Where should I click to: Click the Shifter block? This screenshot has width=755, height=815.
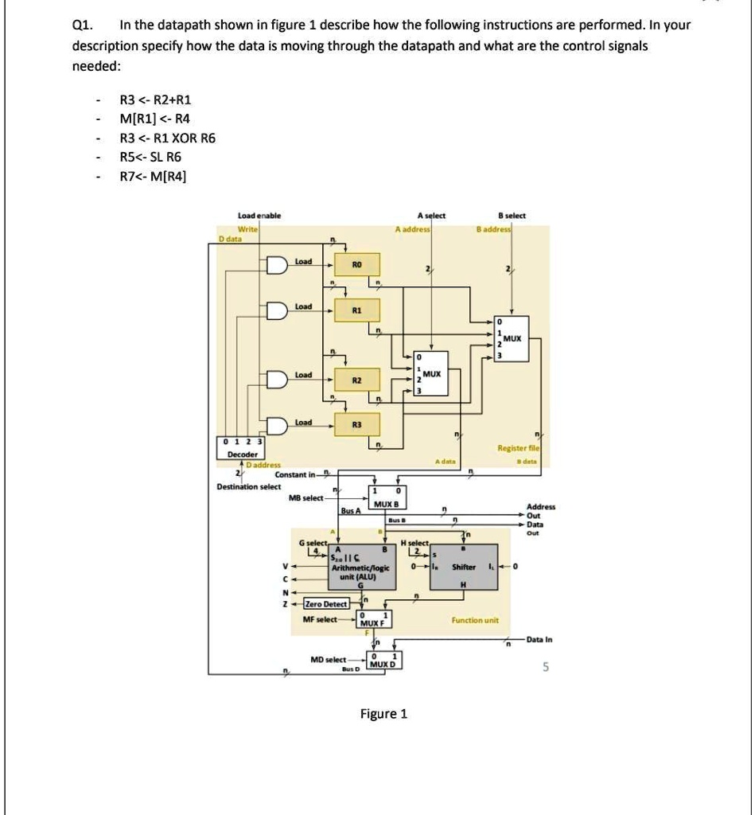pyautogui.click(x=464, y=567)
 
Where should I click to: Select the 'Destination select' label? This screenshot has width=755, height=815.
pyautogui.click(x=249, y=486)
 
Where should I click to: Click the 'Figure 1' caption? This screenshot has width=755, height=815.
pyautogui.click(x=383, y=713)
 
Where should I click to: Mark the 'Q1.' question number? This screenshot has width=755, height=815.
pyautogui.click(x=81, y=25)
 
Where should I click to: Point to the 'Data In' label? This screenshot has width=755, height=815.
pyautogui.click(x=539, y=641)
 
